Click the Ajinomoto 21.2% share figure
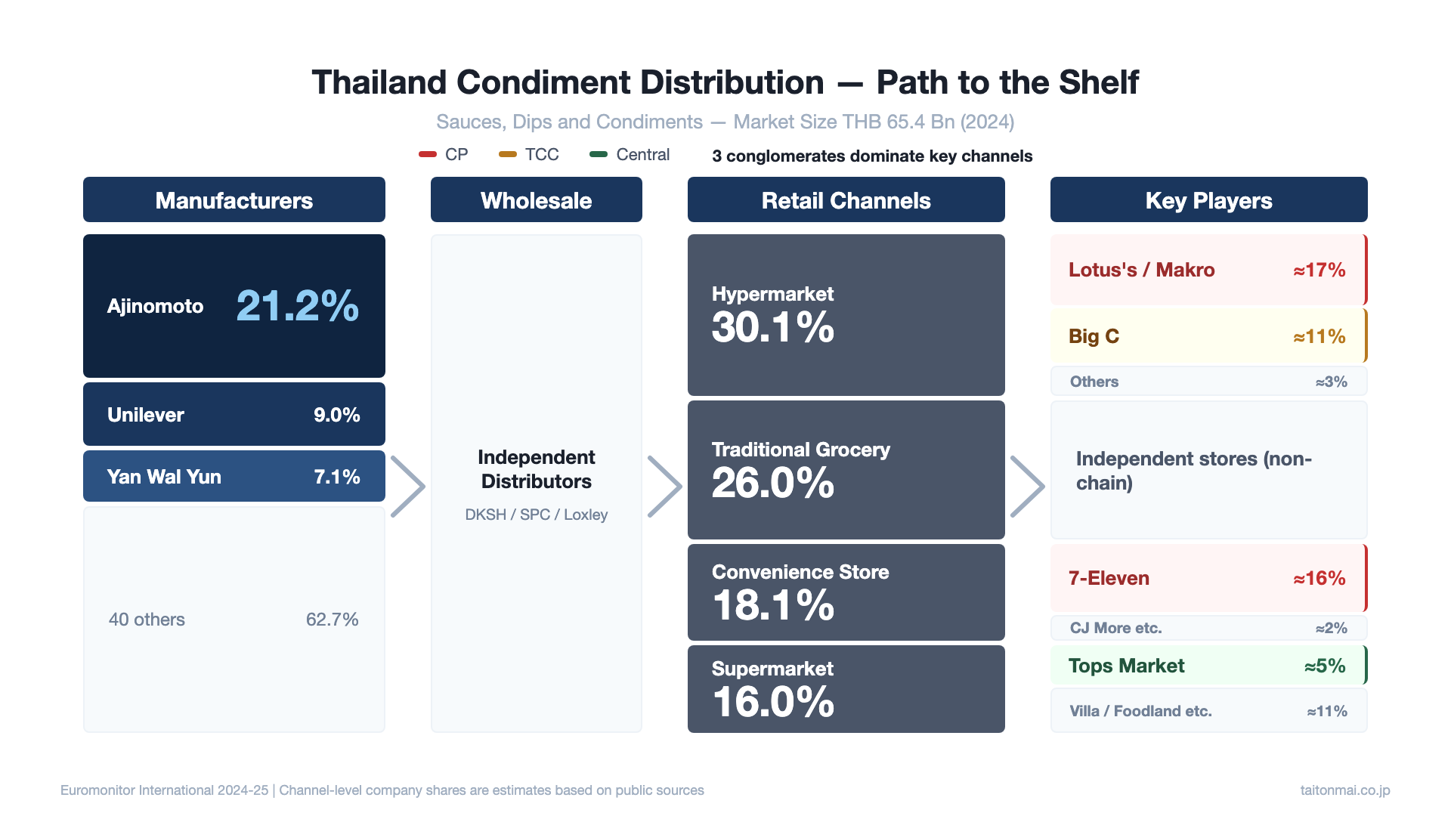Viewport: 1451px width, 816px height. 297,306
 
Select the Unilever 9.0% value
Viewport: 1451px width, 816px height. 336,415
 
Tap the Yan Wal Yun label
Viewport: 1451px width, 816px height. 164,477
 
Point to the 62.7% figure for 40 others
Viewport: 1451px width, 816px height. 332,620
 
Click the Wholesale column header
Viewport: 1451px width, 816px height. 536,200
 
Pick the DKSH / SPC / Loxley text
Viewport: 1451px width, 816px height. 536,515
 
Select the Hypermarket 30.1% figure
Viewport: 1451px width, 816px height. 772,328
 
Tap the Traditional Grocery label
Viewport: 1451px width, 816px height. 800,450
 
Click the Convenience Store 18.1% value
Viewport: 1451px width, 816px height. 772,606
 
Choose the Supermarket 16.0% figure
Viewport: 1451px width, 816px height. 772,702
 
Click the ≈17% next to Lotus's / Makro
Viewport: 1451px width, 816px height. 1319,270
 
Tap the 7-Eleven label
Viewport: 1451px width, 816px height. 1109,578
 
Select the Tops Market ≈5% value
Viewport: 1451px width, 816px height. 1324,666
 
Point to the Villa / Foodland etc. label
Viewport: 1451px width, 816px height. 1140,711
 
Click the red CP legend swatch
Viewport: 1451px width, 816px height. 428,154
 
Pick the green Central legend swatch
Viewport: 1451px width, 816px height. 599,154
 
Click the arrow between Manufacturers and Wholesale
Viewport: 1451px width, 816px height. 408,487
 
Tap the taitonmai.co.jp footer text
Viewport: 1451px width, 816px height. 1344,790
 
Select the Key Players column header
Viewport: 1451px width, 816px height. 1208,200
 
